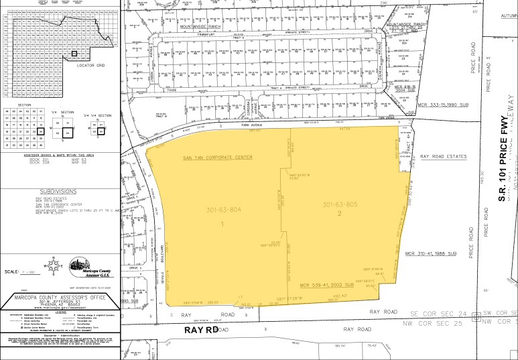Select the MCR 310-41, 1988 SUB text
430,253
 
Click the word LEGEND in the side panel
60,311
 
